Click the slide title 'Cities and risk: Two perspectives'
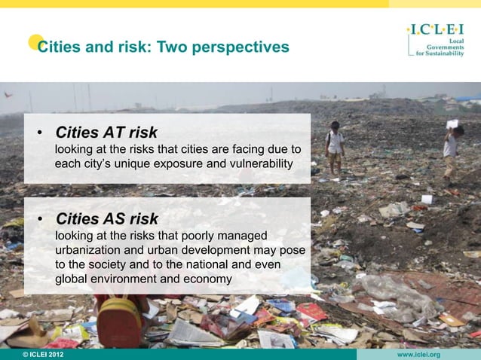[163, 47]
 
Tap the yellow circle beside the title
[35, 42]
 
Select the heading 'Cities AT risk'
[106, 133]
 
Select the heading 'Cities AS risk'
[106, 219]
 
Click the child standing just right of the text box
[334, 146]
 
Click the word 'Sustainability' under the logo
[451, 53]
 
